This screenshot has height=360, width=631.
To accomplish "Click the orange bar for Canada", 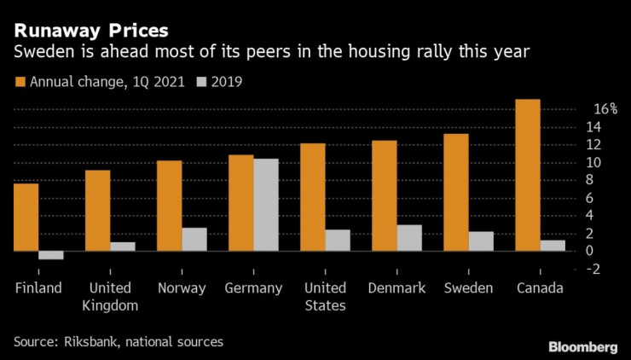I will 528,175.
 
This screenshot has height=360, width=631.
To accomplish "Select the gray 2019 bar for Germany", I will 266,205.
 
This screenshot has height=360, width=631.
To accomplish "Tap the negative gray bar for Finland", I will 51,255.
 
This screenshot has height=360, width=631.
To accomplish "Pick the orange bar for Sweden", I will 456,192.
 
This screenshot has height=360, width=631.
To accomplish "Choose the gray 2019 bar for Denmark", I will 409,238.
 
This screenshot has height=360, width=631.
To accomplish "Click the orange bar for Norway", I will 169,206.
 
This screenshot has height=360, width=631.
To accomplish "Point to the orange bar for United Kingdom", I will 97,211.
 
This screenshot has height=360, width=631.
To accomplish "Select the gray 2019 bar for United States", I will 338,240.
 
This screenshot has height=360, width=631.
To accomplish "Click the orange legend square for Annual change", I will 20,83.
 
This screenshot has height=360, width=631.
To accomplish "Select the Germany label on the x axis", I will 253,288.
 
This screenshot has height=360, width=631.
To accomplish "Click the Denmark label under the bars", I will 397,288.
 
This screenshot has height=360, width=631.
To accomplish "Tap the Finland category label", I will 38,288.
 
